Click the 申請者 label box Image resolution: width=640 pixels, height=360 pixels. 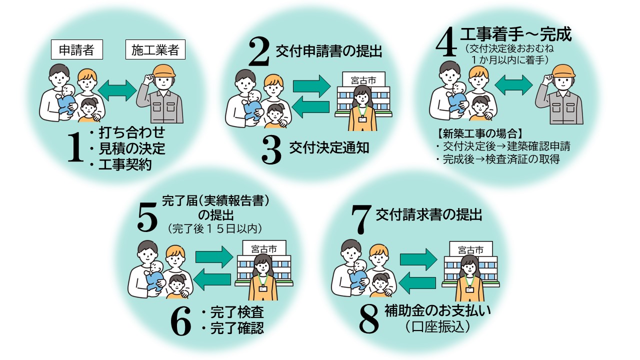(77, 49)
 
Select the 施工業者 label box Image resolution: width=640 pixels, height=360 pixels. (155, 49)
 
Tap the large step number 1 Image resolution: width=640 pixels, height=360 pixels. (75, 147)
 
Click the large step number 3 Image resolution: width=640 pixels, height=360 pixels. (271, 150)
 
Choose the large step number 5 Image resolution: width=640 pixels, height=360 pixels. (147, 216)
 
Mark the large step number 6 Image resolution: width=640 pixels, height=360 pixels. (180, 321)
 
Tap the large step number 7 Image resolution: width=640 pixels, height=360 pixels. (361, 219)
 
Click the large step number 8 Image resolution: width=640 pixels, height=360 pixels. (369, 319)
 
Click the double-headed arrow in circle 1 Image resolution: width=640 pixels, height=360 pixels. (117, 90)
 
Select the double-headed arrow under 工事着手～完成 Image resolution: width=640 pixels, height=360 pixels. (513, 85)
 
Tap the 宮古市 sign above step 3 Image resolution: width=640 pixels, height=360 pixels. (363, 79)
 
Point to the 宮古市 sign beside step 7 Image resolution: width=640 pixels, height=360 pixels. (471, 249)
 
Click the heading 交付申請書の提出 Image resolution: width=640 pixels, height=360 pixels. (329, 52)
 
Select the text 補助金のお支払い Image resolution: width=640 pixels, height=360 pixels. (437, 311)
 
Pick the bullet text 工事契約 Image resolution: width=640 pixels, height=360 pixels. (125, 164)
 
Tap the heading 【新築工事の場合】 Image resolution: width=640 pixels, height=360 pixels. (480, 133)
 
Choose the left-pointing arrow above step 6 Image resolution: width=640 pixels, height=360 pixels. (212, 279)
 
